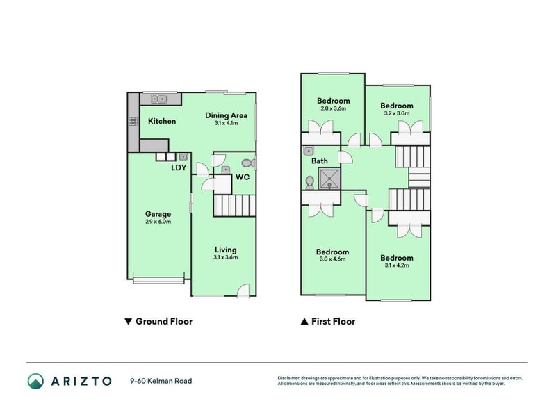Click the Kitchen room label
tap(162, 121)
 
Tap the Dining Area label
tap(226, 115)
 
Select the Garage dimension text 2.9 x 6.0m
tap(158, 222)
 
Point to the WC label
tap(242, 178)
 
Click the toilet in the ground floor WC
tap(250, 163)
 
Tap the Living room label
tap(225, 250)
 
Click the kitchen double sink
tap(160, 99)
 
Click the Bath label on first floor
tap(320, 161)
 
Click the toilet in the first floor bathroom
tap(310, 182)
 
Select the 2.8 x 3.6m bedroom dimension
tap(333, 108)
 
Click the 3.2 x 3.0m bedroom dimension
tap(396, 113)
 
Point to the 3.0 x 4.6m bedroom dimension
tap(332, 259)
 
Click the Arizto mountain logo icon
tap(35, 381)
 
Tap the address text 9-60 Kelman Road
tap(161, 381)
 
